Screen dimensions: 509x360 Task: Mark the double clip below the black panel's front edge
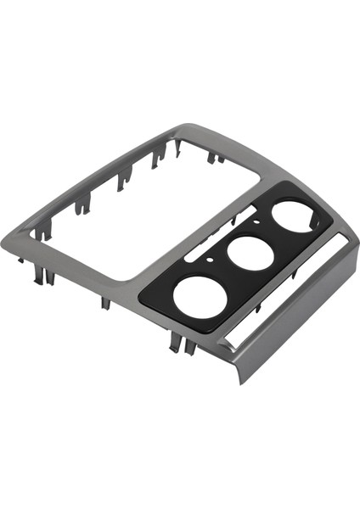coord(177,341)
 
